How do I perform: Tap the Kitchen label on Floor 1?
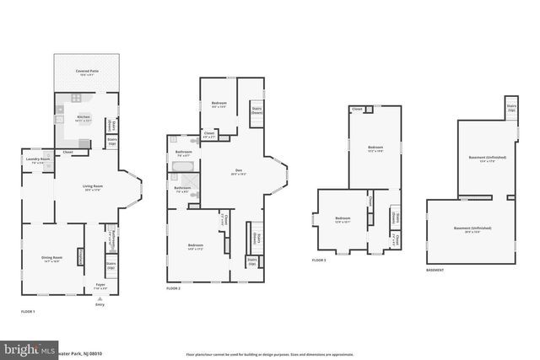[x=84, y=118]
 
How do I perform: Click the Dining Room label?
[x=52, y=258]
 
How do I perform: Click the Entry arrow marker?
[x=100, y=300]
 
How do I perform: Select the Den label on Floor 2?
[x=237, y=173]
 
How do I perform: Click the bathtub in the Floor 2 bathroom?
[x=182, y=167]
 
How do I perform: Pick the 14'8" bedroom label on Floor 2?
[x=196, y=246]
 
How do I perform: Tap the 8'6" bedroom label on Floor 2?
[x=219, y=104]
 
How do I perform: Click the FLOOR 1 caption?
[x=29, y=312]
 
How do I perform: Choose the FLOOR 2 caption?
[x=174, y=288]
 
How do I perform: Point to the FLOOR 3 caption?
[x=318, y=261]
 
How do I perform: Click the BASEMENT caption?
[x=435, y=271]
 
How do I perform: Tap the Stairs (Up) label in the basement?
[x=511, y=108]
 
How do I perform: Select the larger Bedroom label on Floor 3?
[x=375, y=148]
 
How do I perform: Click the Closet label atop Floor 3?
[x=358, y=109]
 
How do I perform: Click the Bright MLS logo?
[x=27, y=348]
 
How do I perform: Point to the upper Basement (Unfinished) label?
[x=485, y=158]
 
